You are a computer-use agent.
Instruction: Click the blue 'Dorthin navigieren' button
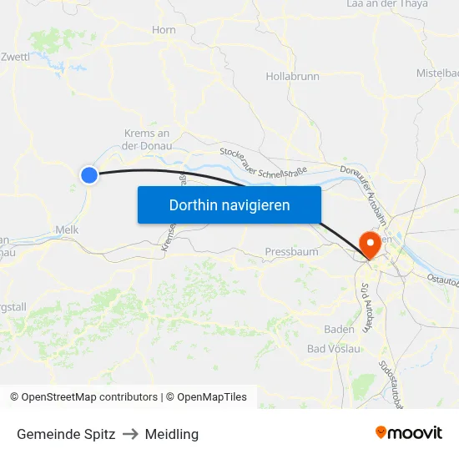coord(229,204)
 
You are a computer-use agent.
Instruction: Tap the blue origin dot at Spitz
coord(89,174)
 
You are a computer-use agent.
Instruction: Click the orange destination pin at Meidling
coord(368,245)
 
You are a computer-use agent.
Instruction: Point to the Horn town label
coord(164,30)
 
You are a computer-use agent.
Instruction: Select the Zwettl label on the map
coord(16,57)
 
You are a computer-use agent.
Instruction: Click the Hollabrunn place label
coord(292,76)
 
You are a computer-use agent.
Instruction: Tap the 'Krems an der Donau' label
coord(147,139)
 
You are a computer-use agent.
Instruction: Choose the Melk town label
coord(66,229)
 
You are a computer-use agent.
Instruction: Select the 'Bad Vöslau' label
coord(334,348)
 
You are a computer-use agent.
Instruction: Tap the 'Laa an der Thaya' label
coord(387,4)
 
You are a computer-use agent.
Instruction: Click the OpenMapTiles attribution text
coord(210,397)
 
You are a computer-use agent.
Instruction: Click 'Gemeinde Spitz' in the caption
coord(66,434)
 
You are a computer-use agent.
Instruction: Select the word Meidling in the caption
coord(172,434)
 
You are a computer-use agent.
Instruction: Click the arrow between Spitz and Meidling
coord(130,434)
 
